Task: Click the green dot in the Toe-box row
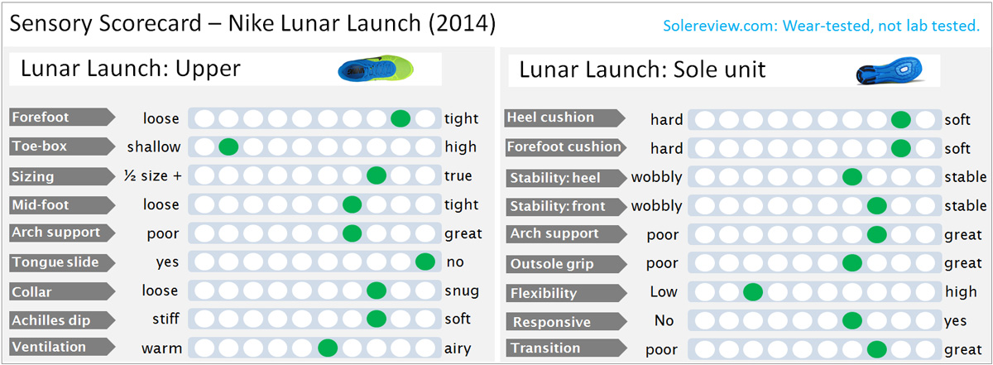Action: (228, 146)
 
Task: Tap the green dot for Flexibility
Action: (753, 292)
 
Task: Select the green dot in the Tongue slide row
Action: (425, 262)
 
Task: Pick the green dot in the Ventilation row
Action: (328, 348)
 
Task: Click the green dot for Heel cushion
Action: (901, 120)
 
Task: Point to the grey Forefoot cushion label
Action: (566, 147)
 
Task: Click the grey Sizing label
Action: (62, 176)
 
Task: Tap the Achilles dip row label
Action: (62, 319)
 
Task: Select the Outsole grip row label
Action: (566, 264)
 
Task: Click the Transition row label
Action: (566, 348)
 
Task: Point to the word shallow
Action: (154, 146)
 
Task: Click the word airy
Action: (458, 348)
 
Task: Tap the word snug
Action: (462, 291)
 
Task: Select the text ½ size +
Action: (153, 175)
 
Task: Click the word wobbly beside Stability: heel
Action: (656, 177)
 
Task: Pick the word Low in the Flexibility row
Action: (664, 292)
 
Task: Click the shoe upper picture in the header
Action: (376, 69)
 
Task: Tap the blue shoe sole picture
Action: (890, 70)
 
